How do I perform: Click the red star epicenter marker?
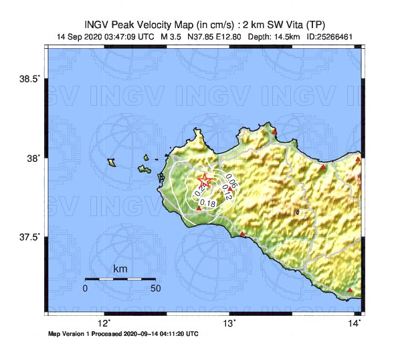(x=204, y=181)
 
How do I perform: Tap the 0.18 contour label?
(x=207, y=203)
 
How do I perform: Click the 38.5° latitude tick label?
(x=29, y=79)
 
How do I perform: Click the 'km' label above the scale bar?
(x=120, y=269)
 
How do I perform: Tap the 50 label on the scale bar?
(x=155, y=288)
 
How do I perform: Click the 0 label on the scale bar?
(x=85, y=288)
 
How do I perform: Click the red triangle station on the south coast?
(x=242, y=234)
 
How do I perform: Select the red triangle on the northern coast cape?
(x=274, y=131)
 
